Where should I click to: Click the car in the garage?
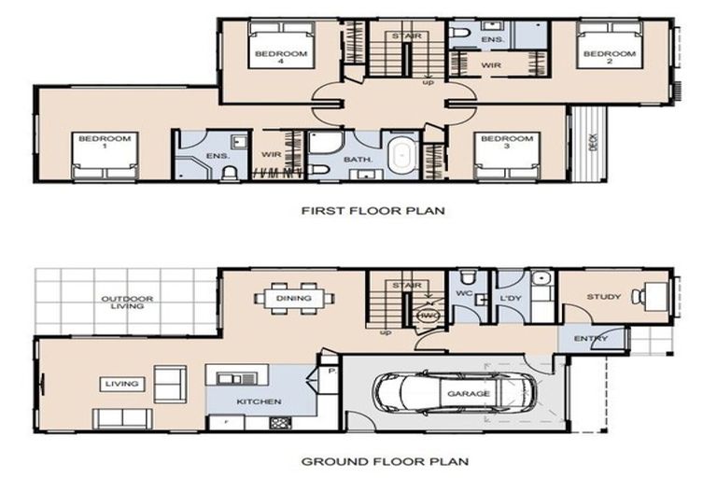click(454, 393)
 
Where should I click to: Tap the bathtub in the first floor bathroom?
click(402, 155)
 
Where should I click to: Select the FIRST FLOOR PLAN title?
click(373, 211)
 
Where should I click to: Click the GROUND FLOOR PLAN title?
click(372, 461)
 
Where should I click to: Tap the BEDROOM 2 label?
click(609, 54)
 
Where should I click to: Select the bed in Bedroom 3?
click(506, 155)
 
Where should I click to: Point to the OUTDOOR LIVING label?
click(127, 303)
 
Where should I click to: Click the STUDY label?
click(603, 297)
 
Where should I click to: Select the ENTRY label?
click(590, 338)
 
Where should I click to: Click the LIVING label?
click(122, 384)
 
